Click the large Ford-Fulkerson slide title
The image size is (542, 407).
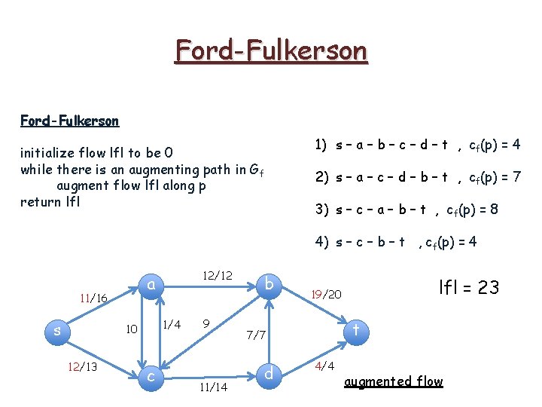coord(271,51)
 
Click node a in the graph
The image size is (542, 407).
coord(151,286)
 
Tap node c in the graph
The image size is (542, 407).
coord(151,375)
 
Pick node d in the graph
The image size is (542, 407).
coord(269,373)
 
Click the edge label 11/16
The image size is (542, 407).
coord(93,299)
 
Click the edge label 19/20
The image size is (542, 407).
coord(327,294)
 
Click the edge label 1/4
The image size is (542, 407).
coord(172,324)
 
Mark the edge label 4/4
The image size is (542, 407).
coord(324,367)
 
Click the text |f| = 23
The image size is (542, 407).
coord(468,287)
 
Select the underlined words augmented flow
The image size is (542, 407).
coord(393,381)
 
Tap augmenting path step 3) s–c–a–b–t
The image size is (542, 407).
coord(406,210)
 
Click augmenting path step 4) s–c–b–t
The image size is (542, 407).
coord(396,242)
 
